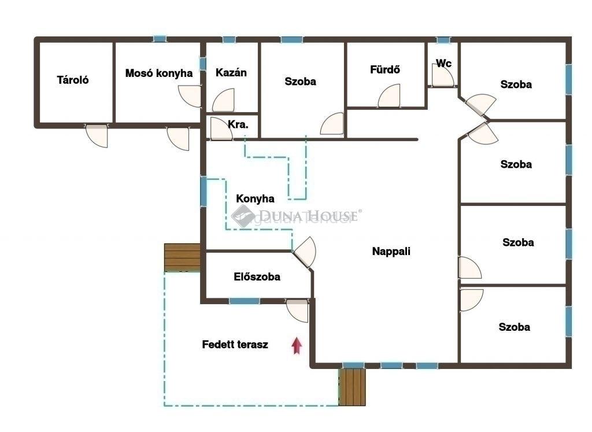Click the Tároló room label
tap(73, 80)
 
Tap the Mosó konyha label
tap(159, 73)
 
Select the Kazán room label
tap(231, 72)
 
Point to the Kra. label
tap(238, 124)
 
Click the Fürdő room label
tap(384, 69)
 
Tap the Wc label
tap(443, 63)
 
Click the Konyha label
tap(255, 198)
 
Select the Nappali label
tap(391, 252)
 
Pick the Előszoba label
tap(257, 277)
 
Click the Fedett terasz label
tap(235, 345)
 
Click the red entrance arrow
tap(297, 345)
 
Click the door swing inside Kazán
tap(223, 101)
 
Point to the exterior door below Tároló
tap(97, 135)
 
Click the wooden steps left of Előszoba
tap(182, 257)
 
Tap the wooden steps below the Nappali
tap(352, 387)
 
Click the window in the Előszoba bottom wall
tap(245, 301)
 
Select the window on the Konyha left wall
tap(203, 191)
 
